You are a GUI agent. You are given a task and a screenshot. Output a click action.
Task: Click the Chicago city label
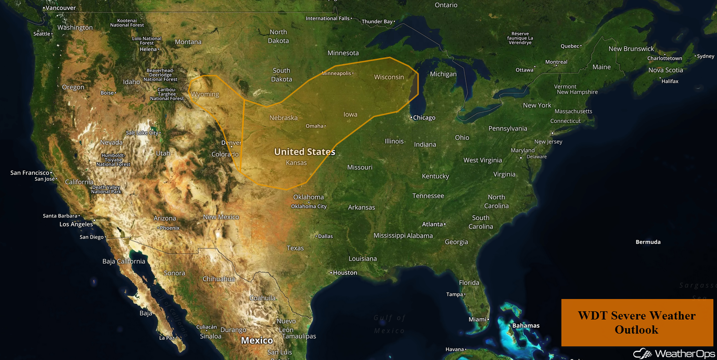(424, 117)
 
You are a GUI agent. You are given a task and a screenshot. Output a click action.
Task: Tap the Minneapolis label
(337, 73)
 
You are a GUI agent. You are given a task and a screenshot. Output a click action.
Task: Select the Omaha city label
(315, 126)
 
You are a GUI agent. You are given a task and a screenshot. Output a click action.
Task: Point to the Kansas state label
(296, 162)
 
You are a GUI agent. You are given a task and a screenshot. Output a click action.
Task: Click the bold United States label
(304, 152)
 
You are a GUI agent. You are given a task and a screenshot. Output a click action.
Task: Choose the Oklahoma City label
(309, 206)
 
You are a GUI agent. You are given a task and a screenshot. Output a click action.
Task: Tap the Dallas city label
(325, 236)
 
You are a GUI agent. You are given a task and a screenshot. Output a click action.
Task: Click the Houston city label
(345, 273)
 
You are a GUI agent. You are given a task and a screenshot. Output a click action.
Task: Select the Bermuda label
(648, 242)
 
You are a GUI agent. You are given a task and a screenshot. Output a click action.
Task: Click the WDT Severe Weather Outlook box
(636, 322)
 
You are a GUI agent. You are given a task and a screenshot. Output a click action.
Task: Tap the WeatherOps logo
(674, 354)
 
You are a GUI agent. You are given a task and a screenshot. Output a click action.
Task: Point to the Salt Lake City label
(142, 133)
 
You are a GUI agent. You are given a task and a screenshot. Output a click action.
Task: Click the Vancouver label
(61, 8)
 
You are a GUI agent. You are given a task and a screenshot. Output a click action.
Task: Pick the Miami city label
(478, 319)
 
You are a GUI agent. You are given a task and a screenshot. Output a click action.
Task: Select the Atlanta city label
(433, 224)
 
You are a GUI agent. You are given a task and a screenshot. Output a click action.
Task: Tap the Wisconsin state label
(389, 77)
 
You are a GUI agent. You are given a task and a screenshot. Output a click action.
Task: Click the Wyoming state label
(205, 94)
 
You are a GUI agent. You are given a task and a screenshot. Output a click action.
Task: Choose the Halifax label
(670, 81)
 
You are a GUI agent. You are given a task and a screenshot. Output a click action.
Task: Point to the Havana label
(455, 349)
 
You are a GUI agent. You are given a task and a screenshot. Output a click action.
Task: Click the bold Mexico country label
(257, 340)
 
